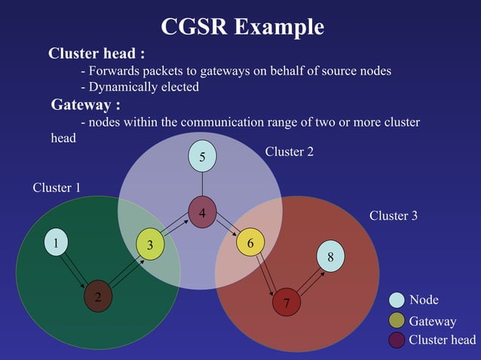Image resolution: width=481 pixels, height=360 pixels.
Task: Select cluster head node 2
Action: pos(97,295)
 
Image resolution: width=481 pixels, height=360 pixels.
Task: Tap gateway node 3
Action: pos(150,245)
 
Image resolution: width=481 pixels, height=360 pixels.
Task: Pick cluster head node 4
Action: pos(202,212)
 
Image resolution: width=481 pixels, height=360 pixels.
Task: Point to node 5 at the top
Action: pos(202,157)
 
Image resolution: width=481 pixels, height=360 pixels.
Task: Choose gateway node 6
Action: pos(250,244)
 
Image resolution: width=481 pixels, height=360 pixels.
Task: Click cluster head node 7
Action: pos(286,302)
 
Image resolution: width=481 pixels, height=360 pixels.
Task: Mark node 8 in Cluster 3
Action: pos(330,256)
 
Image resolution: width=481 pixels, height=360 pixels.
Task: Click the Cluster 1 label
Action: pos(57,188)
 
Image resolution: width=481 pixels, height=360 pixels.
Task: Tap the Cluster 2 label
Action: pos(290,151)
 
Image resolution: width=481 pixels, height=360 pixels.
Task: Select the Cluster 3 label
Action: pos(393,216)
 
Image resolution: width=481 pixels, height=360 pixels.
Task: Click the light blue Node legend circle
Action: pos(397,300)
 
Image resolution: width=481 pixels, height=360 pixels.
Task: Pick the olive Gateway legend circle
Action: pos(397,321)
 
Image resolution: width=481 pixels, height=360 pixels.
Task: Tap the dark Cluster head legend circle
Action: pos(397,340)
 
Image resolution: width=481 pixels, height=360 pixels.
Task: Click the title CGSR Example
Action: pos(242,27)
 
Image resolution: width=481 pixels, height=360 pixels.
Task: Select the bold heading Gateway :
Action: pos(85,104)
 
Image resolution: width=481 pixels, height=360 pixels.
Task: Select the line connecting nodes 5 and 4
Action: pos(202,184)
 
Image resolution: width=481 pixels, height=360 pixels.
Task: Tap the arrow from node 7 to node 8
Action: pos(308,279)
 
